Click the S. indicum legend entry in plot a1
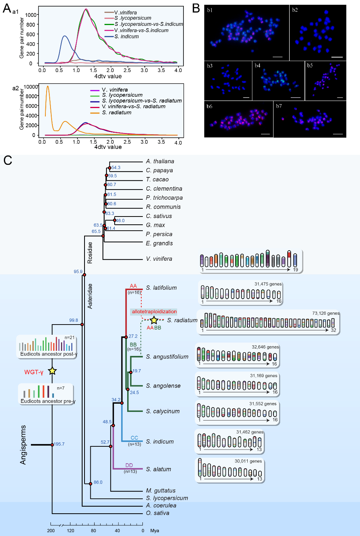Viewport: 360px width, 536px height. pyautogui.click(x=122, y=37)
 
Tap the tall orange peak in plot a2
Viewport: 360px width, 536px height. pyautogui.click(x=48, y=87)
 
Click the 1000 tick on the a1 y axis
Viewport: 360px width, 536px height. pyautogui.click(x=31, y=15)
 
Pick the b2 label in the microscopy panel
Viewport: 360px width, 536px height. pyautogui.click(x=295, y=10)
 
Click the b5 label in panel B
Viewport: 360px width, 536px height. pyautogui.click(x=310, y=65)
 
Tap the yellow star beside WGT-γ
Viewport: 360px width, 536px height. pyautogui.click(x=52, y=371)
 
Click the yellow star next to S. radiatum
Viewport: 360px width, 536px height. pyautogui.click(x=154, y=320)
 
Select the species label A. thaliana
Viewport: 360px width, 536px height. pyautogui.click(x=160, y=161)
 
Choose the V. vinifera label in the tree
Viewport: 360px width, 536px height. pyautogui.click(x=159, y=259)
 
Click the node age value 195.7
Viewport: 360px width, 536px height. pyautogui.click(x=59, y=444)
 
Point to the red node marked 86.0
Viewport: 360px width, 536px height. pyautogui.click(x=90, y=484)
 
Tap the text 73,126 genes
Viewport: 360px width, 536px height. pyautogui.click(x=326, y=313)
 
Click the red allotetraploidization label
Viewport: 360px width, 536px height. pyautogui.click(x=154, y=312)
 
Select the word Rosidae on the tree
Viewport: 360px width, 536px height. pyautogui.click(x=90, y=253)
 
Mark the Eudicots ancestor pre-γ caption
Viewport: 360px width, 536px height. pyautogui.click(x=48, y=401)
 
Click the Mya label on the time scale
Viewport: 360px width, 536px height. pyautogui.click(x=155, y=531)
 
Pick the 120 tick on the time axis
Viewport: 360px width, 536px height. pyautogui.click(x=70, y=531)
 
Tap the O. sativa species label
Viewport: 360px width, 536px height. pyautogui.click(x=158, y=513)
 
